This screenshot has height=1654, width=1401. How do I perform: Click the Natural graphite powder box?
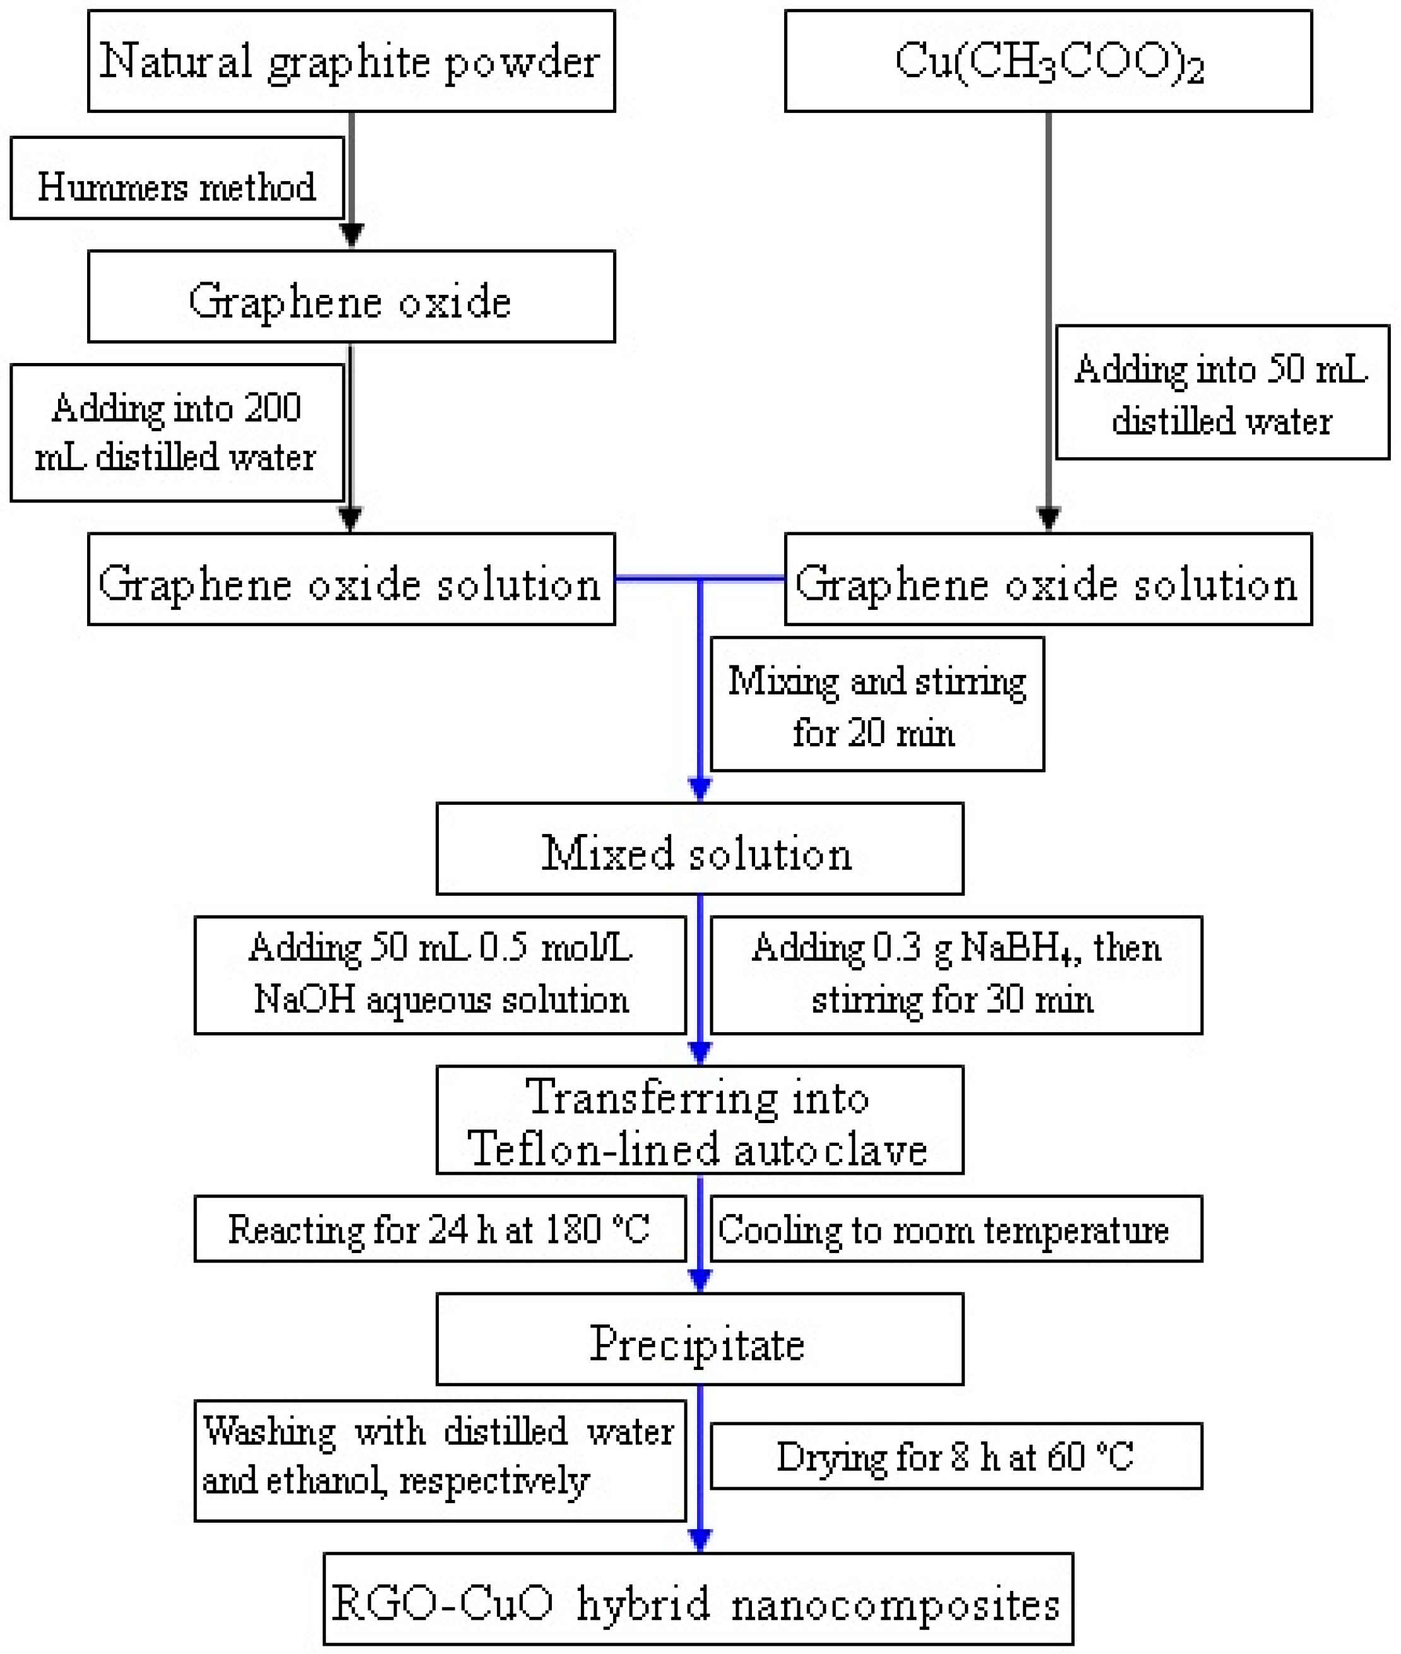tap(351, 61)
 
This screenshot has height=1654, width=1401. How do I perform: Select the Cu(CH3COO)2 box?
tap(1047, 61)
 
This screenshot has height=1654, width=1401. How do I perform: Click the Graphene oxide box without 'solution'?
tap(351, 297)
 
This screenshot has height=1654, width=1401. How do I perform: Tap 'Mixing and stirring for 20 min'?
tap(877, 705)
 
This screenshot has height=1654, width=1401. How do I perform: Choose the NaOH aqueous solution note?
tap(440, 975)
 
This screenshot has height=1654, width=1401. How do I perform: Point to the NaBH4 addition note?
tap(957, 975)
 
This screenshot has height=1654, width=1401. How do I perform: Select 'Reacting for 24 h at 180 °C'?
tap(440, 1229)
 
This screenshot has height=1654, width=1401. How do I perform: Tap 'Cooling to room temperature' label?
tap(957, 1229)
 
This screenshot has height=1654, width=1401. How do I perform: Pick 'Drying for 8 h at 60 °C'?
tap(957, 1456)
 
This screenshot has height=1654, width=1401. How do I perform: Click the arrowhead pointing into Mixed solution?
tap(700, 789)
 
